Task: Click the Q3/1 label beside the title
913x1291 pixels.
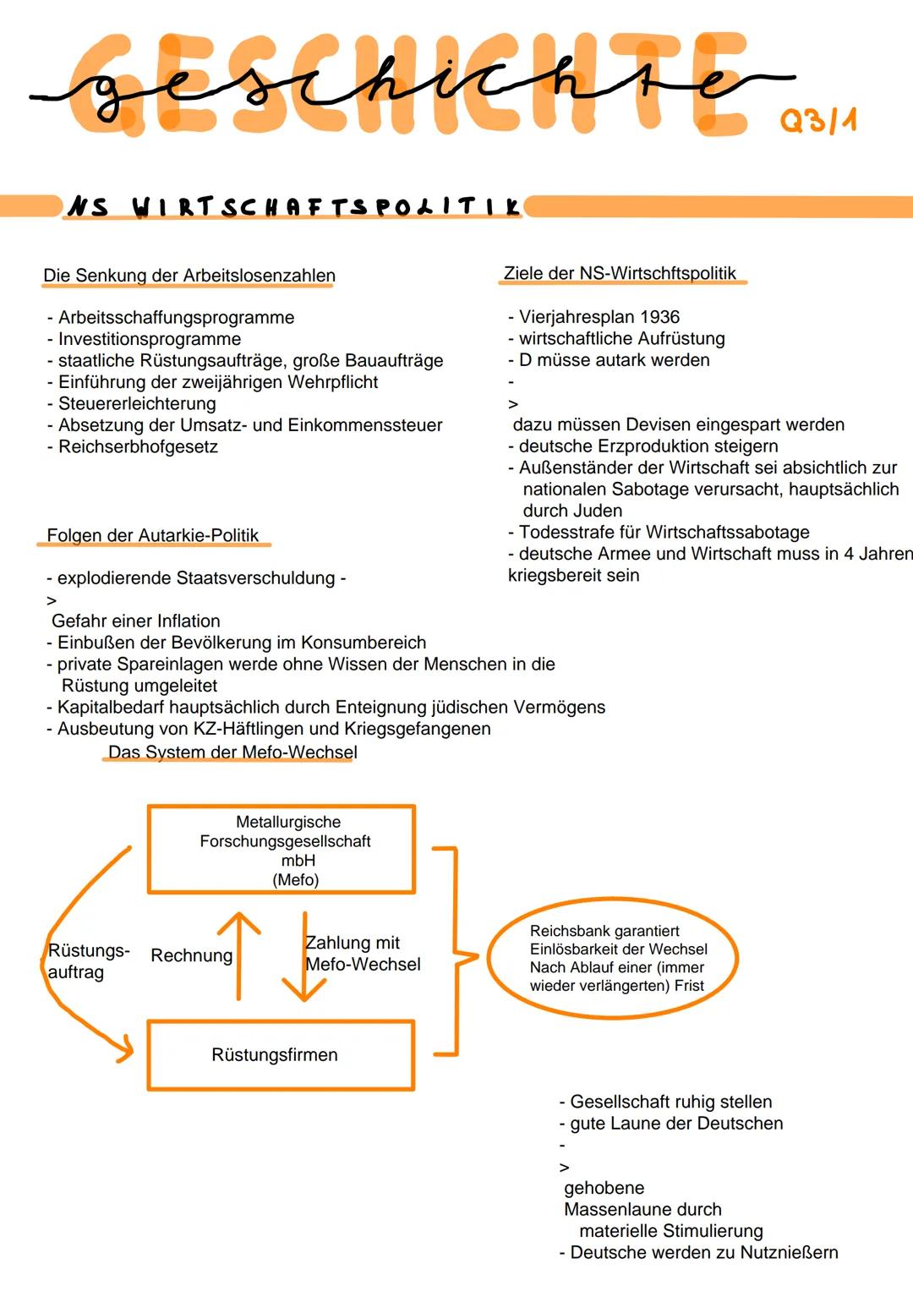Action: (x=817, y=120)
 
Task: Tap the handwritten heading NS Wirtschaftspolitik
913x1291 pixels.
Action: (x=292, y=206)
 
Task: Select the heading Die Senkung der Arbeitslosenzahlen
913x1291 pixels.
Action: (x=189, y=276)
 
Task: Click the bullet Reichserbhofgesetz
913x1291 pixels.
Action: (x=138, y=446)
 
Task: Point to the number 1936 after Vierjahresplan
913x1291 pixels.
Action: (x=659, y=317)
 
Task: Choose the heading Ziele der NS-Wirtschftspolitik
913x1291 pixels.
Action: (x=620, y=273)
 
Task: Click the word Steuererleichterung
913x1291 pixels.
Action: (x=137, y=403)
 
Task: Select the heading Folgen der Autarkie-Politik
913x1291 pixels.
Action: (x=153, y=535)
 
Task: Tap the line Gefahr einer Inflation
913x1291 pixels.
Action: (x=136, y=621)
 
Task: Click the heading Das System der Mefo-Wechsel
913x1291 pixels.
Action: (x=232, y=752)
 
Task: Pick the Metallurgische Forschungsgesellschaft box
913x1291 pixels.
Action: (x=282, y=849)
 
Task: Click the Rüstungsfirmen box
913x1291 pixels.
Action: (x=281, y=1055)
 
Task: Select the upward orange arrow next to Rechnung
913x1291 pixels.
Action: (x=239, y=955)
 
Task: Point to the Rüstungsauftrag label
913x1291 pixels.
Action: (x=88, y=961)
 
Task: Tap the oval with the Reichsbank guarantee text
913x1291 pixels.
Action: (x=613, y=958)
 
